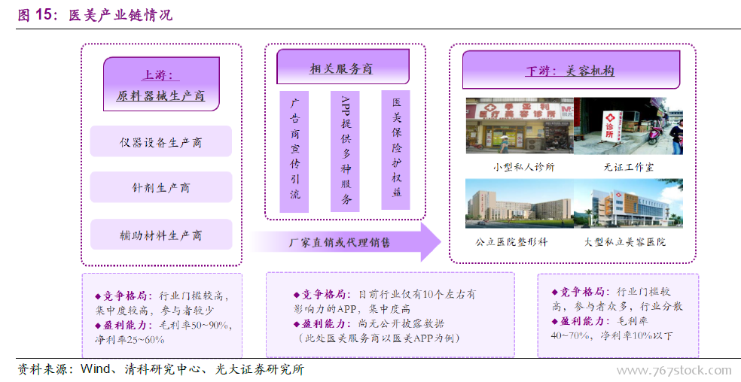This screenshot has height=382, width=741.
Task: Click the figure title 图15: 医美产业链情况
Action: click(95, 14)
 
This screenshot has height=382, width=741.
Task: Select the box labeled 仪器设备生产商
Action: click(160, 141)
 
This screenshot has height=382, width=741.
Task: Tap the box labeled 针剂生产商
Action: click(160, 187)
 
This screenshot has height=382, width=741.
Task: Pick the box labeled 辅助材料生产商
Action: click(160, 235)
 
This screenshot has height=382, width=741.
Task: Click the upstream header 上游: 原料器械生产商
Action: click(161, 84)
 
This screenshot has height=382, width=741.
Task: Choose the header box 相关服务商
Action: click(343, 67)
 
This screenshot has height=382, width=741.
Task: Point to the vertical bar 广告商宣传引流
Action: click(294, 152)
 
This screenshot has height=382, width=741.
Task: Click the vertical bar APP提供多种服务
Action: click(346, 152)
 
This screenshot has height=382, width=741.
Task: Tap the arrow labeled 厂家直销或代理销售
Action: click(346, 242)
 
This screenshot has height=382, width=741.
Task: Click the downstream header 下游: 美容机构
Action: click(571, 70)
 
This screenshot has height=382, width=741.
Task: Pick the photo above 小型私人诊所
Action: click(520, 126)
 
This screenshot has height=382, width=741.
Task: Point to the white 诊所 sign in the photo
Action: click(609, 125)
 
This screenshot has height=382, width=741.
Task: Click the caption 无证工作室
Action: click(629, 167)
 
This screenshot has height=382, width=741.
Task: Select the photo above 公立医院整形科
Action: click(520, 204)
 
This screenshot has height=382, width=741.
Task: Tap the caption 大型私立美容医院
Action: click(625, 242)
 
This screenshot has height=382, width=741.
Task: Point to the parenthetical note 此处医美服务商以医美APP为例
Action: click(377, 338)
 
